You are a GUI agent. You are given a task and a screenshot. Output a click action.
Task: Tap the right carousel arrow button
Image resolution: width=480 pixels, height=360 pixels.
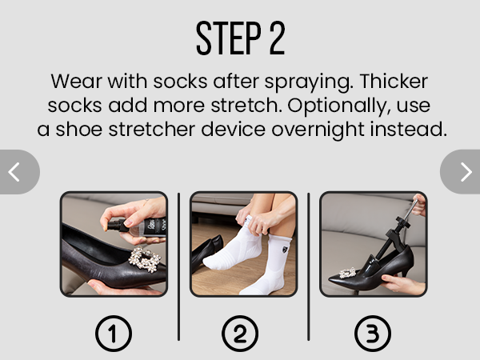[x=463, y=171]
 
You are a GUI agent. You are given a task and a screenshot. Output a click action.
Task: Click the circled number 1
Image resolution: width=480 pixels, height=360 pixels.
[x=114, y=334]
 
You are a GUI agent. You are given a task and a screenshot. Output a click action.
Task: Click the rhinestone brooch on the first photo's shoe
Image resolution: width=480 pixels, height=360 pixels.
[x=143, y=259]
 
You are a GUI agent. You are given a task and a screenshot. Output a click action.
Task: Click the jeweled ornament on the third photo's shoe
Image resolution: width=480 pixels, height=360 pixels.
[x=347, y=274]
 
